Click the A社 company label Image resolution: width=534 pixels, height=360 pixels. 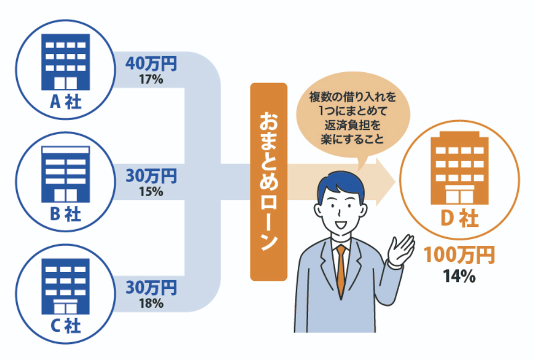point(65,101)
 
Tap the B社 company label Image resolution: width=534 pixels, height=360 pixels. point(65,214)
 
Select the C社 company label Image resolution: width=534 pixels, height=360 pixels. point(65,325)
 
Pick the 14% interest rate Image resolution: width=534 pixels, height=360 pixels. point(459,275)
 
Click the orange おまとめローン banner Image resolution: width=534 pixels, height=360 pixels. point(268,182)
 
